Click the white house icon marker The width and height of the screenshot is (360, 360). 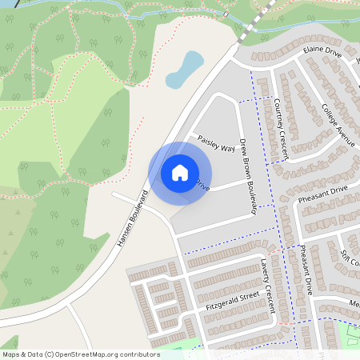point(180,172)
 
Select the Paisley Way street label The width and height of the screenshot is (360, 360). point(216,142)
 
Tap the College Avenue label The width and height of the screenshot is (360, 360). point(337,122)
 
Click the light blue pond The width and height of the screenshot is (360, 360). point(184,70)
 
